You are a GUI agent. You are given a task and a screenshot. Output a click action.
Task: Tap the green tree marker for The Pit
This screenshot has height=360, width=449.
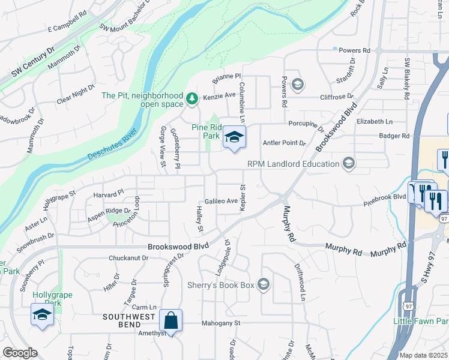pos(192,98)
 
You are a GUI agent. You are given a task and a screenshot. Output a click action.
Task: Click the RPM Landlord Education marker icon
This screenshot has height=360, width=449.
pos(348,163)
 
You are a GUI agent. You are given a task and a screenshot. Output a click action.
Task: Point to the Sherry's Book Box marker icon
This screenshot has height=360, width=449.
pos(263,284)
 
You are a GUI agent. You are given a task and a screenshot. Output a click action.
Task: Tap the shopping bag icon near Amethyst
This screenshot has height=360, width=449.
pos(171,320)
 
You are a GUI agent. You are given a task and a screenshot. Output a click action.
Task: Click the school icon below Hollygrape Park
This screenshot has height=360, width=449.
pos(42,314)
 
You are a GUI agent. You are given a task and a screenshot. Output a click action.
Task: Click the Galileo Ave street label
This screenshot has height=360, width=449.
pos(221,201)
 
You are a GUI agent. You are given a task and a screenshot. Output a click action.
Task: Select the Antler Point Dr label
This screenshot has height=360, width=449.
pos(285,143)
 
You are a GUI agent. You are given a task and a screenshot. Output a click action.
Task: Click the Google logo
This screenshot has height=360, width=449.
pos(20,353)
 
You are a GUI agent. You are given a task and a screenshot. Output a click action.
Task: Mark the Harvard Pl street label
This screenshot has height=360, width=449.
pos(108,193)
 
